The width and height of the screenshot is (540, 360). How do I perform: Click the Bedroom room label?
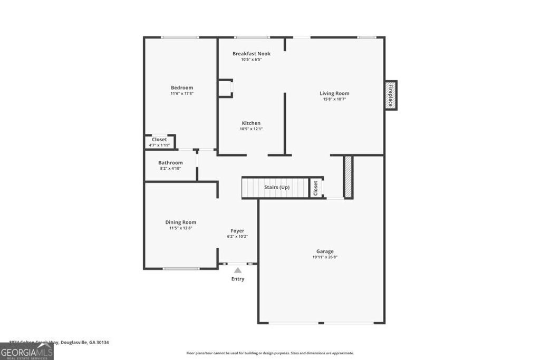coord(181,87)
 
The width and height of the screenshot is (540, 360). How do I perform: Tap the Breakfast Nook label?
coord(251,54)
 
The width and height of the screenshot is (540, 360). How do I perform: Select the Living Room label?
coord(334,93)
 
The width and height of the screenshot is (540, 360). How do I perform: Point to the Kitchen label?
coord(251,123)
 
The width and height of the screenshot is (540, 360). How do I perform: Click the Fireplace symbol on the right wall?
coord(391,95)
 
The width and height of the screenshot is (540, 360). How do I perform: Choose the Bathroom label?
coord(170,163)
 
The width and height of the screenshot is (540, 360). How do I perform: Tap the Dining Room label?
coord(180,222)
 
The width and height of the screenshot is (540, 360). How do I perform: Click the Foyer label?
coord(237,231)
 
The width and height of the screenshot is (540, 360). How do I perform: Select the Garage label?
coord(325,251)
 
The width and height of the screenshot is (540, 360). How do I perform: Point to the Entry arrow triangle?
coord(238,270)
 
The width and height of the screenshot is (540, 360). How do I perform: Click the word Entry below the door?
coord(238,279)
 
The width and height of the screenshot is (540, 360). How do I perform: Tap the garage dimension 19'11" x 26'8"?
coord(325,257)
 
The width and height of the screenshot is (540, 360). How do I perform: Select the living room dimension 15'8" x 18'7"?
coord(334,99)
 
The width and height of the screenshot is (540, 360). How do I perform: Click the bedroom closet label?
coord(159,140)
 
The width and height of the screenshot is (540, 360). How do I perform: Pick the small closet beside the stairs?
coord(315,188)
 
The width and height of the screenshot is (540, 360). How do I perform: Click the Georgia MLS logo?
coord(26,352)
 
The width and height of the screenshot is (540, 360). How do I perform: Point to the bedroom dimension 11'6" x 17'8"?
coord(181,93)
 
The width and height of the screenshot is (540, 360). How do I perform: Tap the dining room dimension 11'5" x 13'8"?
coord(180,228)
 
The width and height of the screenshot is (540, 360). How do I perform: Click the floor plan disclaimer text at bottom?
coord(270,353)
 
